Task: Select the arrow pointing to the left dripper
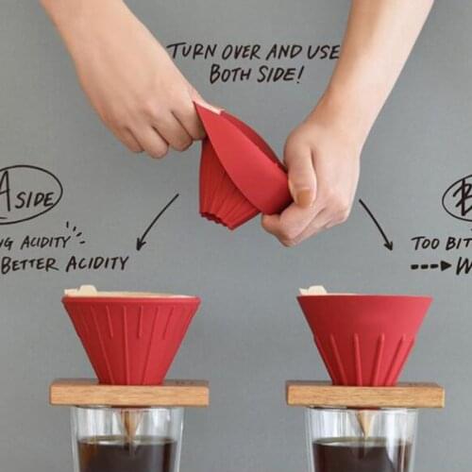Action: pyautogui.click(x=155, y=223)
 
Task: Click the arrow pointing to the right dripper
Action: pyautogui.click(x=376, y=225)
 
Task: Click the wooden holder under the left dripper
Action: pyautogui.click(x=129, y=392)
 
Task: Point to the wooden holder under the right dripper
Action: pyautogui.click(x=364, y=394)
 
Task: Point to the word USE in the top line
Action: pyautogui.click(x=320, y=52)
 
